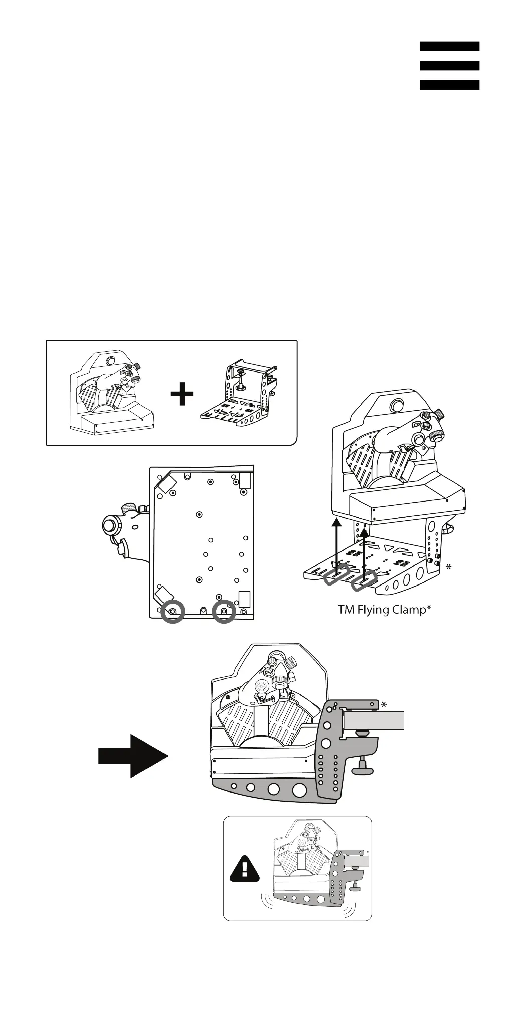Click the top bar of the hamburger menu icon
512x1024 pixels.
pyautogui.click(x=449, y=46)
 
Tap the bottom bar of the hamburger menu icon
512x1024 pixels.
pyautogui.click(x=449, y=85)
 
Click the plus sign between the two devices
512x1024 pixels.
pyautogui.click(x=182, y=394)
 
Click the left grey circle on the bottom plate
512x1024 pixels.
pyautogui.click(x=173, y=612)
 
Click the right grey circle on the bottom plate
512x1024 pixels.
pyautogui.click(x=224, y=612)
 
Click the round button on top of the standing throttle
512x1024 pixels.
pyautogui.click(x=398, y=405)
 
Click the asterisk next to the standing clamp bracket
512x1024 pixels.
pyautogui.click(x=448, y=566)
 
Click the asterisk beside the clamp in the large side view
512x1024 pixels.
pyautogui.click(x=384, y=704)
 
